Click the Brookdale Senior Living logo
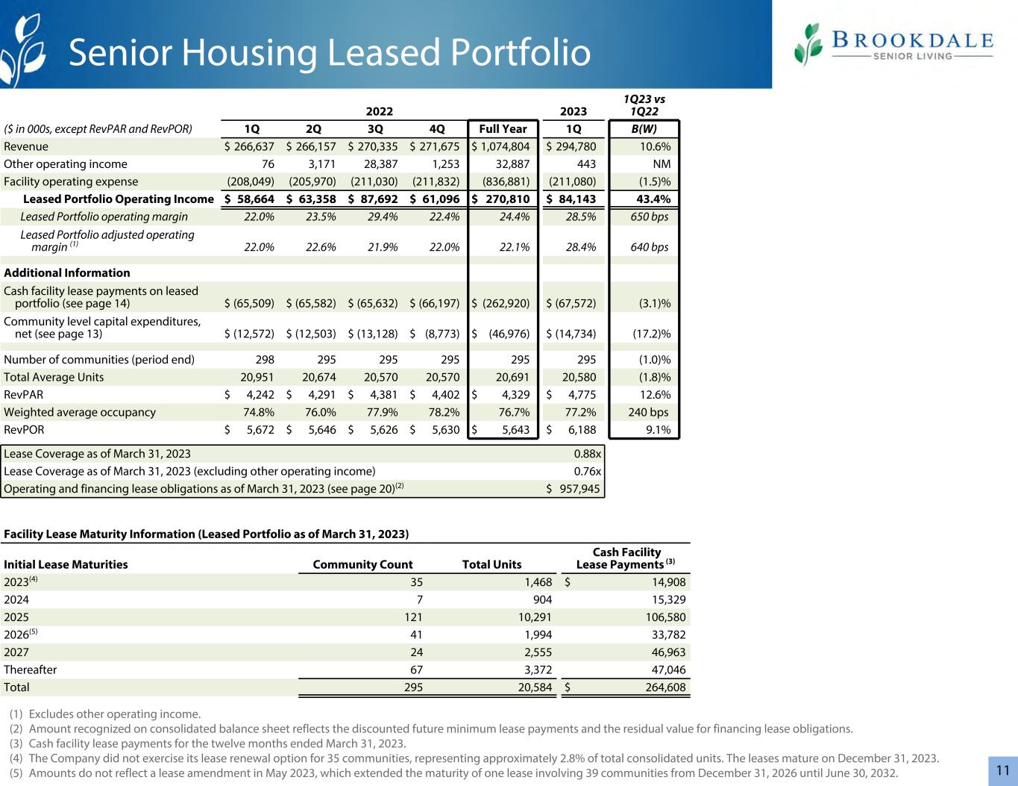click(893, 44)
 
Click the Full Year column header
click(503, 128)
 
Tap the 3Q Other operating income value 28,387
click(377, 164)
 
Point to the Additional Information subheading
click(67, 272)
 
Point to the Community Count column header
click(362, 564)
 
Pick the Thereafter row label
click(30, 670)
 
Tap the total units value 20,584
click(535, 687)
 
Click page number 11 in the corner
click(1003, 770)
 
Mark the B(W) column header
click(644, 128)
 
